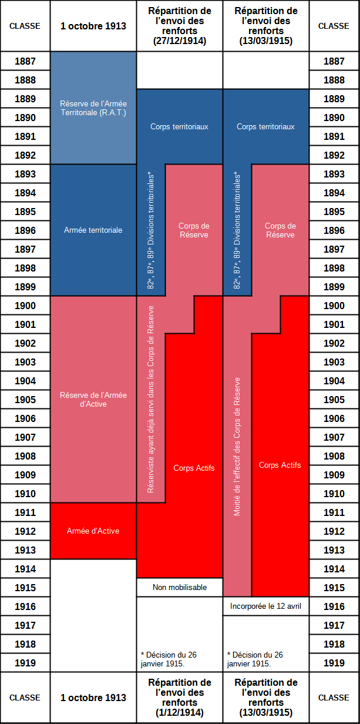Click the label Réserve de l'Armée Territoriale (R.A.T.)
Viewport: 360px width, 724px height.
(x=93, y=108)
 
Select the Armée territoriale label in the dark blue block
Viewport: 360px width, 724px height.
(x=93, y=230)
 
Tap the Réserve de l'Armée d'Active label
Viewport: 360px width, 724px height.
(x=93, y=400)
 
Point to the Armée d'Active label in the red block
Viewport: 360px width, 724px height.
(x=93, y=531)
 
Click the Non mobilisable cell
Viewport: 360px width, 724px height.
(x=180, y=587)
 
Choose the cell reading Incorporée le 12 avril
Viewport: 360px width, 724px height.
(x=265, y=606)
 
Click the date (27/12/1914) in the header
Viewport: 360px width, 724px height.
(x=180, y=41)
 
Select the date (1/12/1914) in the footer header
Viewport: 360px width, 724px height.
(x=180, y=712)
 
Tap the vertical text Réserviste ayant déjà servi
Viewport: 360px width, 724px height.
(x=150, y=400)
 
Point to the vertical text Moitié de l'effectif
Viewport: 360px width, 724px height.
(x=237, y=447)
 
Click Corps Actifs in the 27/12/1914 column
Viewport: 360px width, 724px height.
(x=194, y=468)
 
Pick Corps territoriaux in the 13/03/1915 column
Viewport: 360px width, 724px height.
(x=265, y=126)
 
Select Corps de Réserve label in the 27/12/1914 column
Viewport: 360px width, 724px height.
(x=194, y=230)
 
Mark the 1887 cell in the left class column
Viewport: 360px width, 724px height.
(x=25, y=61)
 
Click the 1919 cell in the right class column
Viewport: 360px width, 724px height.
(x=334, y=663)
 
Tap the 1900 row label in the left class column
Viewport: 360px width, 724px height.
(x=25, y=306)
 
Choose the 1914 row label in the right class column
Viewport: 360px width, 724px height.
(x=334, y=569)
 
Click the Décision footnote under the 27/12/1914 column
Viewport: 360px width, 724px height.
(x=169, y=659)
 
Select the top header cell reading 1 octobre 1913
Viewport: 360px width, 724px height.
(x=93, y=26)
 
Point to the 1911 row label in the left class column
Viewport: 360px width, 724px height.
(x=25, y=512)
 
